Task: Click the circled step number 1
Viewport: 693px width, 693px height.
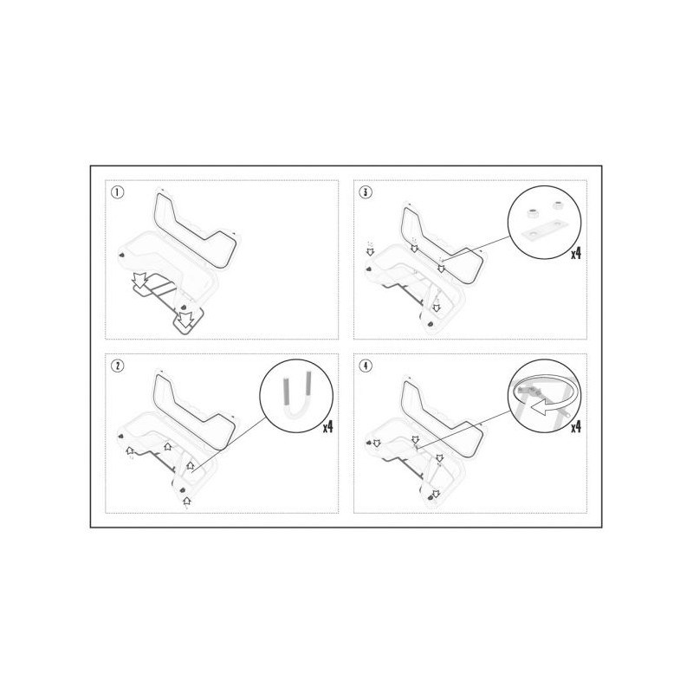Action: (117, 192)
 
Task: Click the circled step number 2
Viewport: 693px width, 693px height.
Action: (117, 366)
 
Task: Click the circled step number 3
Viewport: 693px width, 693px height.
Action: (366, 192)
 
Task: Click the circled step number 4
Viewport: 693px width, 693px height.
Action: (366, 366)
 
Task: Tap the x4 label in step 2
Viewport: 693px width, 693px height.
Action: (327, 427)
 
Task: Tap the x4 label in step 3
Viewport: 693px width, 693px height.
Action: (576, 254)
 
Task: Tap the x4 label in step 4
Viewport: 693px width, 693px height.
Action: (576, 427)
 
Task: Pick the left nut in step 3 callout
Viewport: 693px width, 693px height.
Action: (532, 214)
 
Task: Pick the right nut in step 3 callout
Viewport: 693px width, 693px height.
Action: (556, 206)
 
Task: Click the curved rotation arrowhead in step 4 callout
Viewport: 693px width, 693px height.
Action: (540, 408)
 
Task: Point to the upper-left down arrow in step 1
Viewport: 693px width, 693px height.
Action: (140, 280)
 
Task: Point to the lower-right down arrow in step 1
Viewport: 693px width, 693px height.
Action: (185, 320)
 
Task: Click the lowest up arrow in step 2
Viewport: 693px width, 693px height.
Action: (187, 501)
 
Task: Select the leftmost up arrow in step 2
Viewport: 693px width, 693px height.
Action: (129, 450)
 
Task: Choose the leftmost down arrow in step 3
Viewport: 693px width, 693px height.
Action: (371, 252)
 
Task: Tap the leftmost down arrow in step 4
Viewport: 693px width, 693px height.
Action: (377, 443)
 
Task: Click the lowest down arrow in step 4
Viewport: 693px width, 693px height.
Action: (436, 494)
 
